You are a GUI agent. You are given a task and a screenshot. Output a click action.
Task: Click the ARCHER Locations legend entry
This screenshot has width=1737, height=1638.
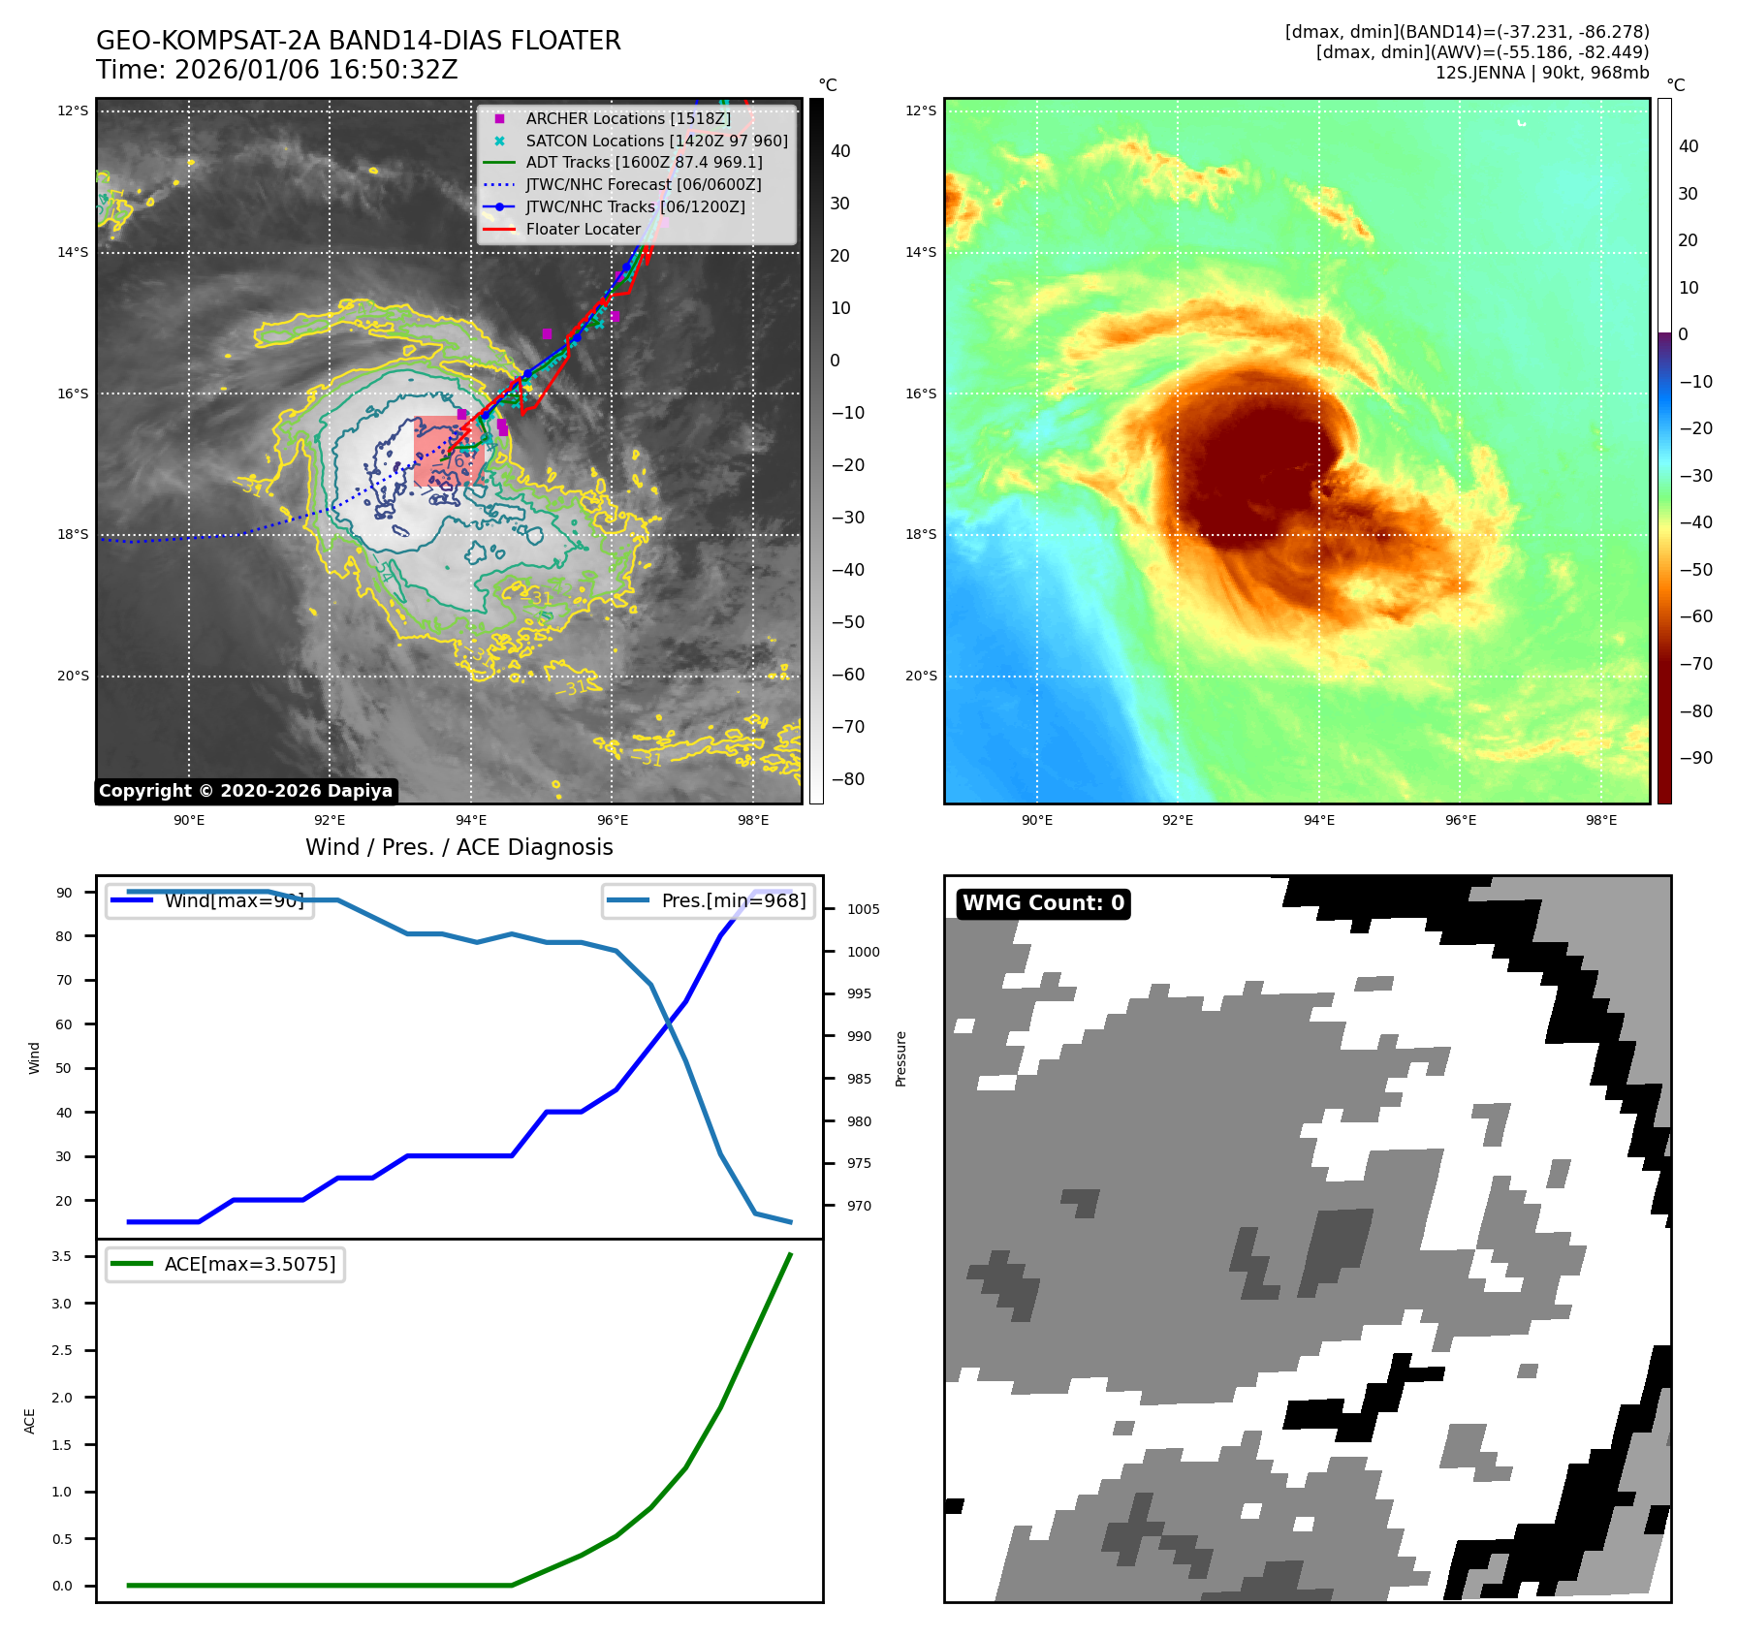[627, 118]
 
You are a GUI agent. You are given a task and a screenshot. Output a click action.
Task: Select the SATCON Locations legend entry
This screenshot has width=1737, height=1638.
[656, 141]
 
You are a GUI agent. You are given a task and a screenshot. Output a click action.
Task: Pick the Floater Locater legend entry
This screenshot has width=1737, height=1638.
[583, 229]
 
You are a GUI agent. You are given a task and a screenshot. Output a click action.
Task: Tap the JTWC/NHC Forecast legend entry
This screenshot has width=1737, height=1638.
[643, 184]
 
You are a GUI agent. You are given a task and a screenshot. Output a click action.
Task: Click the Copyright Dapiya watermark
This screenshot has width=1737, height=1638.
[246, 791]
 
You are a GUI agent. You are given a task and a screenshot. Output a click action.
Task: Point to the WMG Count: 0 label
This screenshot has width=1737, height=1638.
[1043, 903]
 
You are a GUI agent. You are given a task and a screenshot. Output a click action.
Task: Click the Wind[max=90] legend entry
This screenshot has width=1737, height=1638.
[234, 900]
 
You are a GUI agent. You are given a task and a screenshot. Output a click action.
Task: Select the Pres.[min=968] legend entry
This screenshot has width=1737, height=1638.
[733, 900]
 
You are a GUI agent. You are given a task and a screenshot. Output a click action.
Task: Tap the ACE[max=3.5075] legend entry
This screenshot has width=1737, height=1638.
[249, 1264]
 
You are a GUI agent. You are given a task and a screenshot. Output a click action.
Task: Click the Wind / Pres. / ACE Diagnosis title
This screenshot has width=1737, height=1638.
[459, 847]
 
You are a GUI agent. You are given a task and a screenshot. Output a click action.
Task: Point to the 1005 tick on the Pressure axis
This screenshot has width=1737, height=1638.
[863, 909]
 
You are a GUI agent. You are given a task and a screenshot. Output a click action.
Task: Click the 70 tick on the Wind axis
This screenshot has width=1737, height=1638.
[64, 980]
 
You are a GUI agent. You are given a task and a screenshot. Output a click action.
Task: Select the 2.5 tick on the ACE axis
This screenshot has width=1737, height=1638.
[62, 1350]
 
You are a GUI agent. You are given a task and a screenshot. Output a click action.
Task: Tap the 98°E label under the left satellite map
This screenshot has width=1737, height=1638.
[753, 820]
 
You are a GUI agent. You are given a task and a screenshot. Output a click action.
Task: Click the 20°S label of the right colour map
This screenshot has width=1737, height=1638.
[921, 676]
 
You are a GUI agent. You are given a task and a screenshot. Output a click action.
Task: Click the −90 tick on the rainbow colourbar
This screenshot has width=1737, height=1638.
[1695, 758]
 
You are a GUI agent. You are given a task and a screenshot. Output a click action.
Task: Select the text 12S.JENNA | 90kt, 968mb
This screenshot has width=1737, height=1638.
[1541, 73]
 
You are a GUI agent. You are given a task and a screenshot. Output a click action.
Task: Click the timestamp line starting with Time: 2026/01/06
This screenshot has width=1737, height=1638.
[276, 70]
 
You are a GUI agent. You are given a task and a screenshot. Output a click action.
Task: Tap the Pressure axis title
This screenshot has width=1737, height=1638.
[900, 1058]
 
